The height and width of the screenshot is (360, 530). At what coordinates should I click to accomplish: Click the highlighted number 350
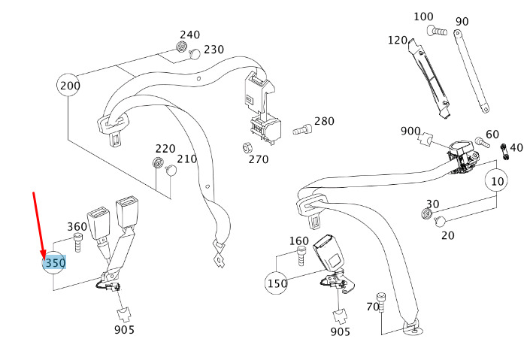tap(55, 263)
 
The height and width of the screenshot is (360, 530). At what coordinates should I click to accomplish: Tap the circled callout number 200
tap(69, 86)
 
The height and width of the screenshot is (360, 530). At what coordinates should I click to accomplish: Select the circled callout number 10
tap(496, 180)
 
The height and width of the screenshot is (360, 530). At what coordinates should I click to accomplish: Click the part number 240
tap(189, 35)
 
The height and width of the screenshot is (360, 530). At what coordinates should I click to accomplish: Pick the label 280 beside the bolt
tap(324, 121)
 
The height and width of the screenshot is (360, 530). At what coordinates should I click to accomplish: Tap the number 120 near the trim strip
tap(398, 40)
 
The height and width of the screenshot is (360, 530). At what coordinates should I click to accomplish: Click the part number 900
tap(410, 131)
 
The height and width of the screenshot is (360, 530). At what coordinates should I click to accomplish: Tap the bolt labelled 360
tap(77, 242)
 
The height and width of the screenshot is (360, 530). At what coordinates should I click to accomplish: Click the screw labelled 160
tap(301, 258)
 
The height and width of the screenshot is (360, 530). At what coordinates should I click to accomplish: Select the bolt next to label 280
tap(301, 129)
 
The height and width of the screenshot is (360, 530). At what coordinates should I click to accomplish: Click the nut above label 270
tap(249, 146)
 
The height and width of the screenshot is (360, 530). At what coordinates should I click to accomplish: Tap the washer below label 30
tap(427, 216)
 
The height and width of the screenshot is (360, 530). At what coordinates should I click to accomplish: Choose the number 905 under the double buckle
tap(124, 329)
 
